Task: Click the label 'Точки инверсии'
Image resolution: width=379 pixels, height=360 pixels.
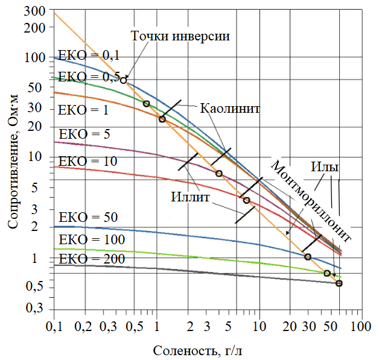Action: click(180, 34)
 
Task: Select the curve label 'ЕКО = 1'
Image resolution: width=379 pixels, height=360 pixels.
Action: click(83, 110)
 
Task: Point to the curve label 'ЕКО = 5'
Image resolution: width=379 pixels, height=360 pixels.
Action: click(83, 134)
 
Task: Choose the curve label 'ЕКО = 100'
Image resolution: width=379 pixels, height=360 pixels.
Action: click(88, 240)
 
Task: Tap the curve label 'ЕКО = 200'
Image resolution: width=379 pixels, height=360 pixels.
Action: click(88, 259)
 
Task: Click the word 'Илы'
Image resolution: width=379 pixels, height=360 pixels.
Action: click(325, 166)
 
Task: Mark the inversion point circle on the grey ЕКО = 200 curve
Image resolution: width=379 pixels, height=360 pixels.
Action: click(339, 283)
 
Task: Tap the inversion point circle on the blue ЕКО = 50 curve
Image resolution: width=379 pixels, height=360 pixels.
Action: click(308, 257)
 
